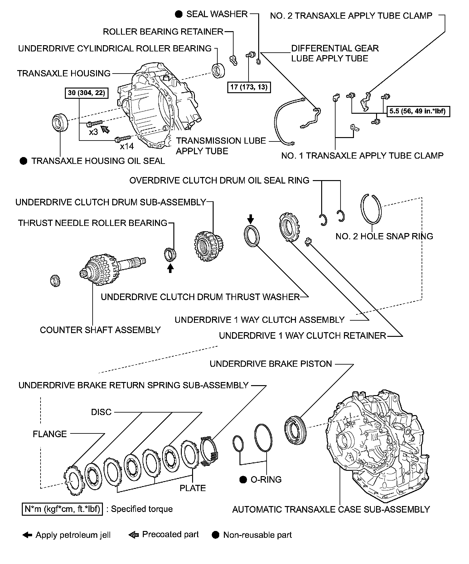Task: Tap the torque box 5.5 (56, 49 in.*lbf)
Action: [418, 111]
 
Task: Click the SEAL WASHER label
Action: [217, 14]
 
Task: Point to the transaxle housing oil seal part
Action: [60, 122]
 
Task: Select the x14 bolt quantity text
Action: [127, 146]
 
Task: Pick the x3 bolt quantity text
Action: [94, 132]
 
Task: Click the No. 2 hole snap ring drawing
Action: [371, 209]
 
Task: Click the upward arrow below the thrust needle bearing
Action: [170, 268]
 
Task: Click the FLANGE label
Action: [50, 434]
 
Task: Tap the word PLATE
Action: [193, 488]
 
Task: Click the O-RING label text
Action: [266, 479]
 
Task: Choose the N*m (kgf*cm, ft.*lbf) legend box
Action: [62, 509]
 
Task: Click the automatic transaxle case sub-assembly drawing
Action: [374, 446]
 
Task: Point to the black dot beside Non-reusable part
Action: [215, 535]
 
